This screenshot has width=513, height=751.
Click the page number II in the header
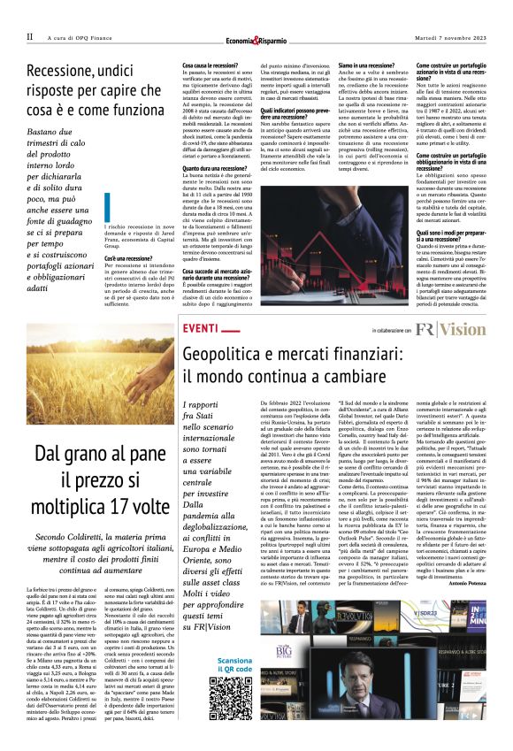[29, 36]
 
